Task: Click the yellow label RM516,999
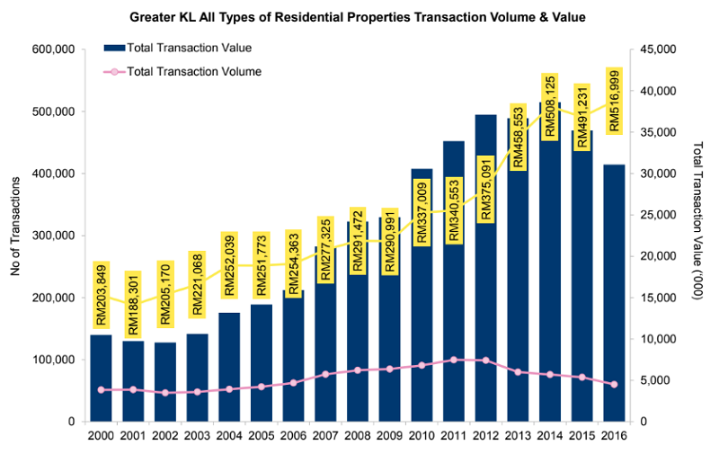pyautogui.click(x=614, y=100)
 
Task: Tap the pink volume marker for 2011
pyautogui.click(x=454, y=360)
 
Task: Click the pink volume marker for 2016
pyautogui.click(x=614, y=384)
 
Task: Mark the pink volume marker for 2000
pyautogui.click(x=102, y=389)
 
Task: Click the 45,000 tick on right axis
pyautogui.click(x=663, y=50)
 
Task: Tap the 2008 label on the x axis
pyautogui.click(x=358, y=436)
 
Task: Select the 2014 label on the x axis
pyautogui.click(x=550, y=436)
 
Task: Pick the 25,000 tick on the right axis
pyautogui.click(x=663, y=215)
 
